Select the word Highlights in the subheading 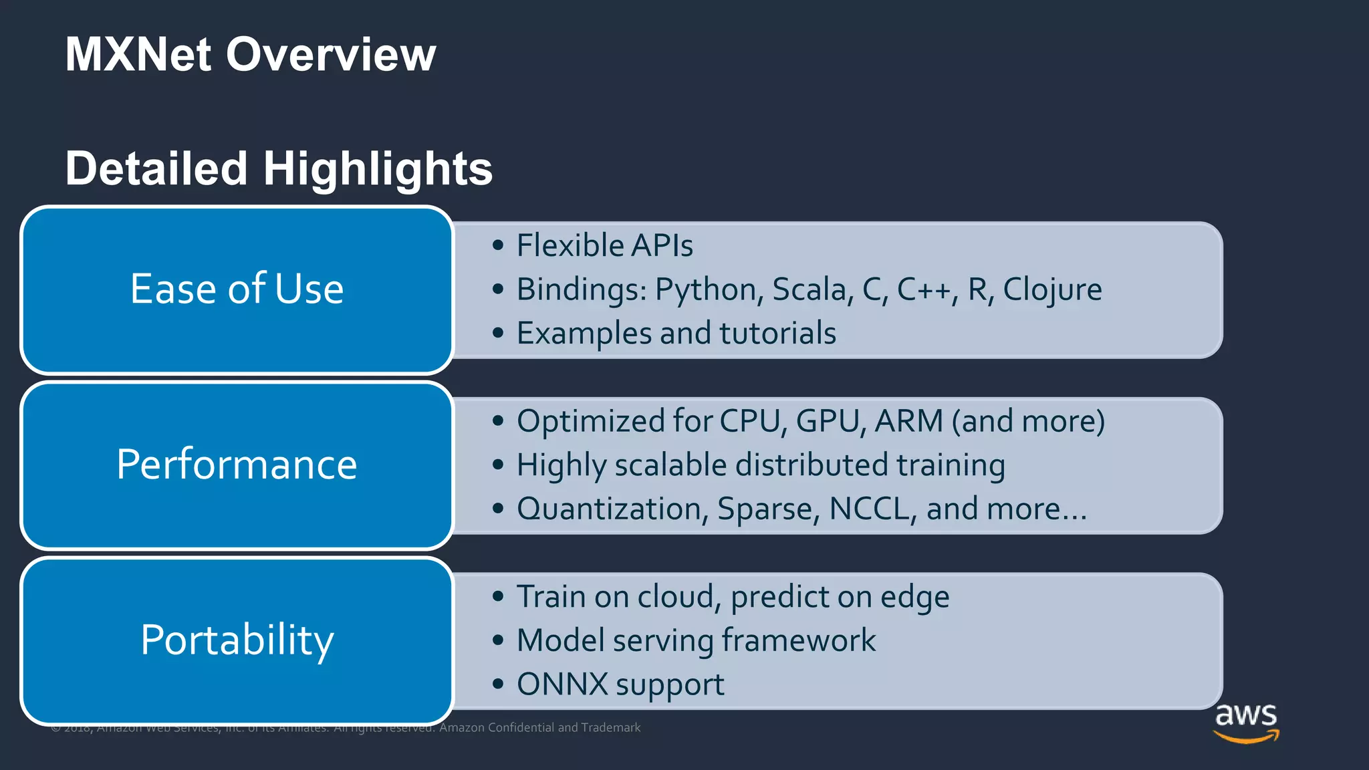point(378,168)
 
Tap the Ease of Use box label point(237,289)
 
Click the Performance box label point(237,465)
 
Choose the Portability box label point(237,640)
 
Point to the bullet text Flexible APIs point(604,245)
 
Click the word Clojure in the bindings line point(1052,290)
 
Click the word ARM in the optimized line point(908,421)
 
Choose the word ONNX point(562,684)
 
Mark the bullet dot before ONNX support point(497,684)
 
